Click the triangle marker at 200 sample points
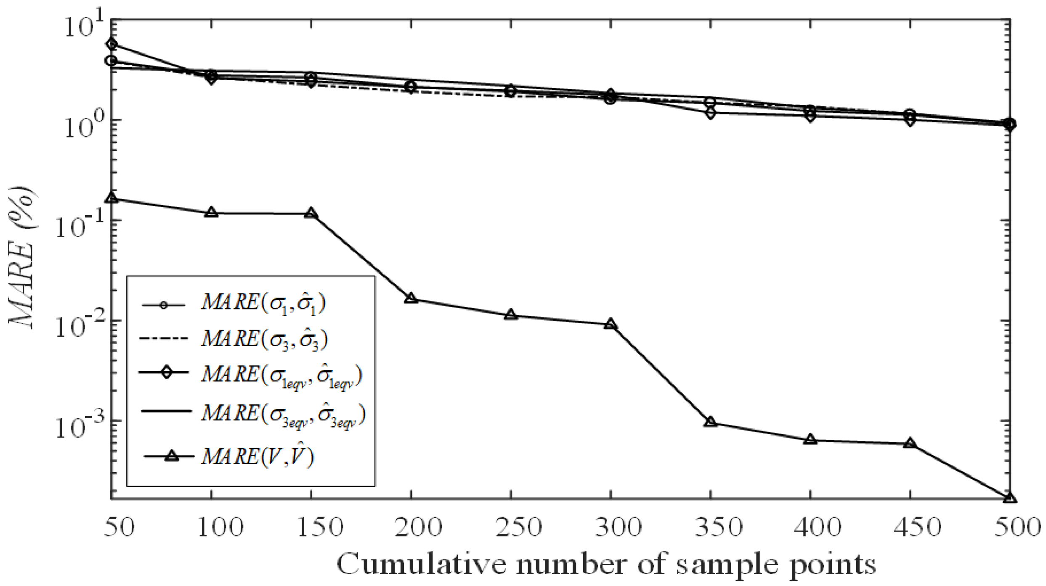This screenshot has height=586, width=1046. point(411,298)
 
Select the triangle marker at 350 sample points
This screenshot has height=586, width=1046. point(711,422)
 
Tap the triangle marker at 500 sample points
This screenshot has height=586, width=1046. point(1010,498)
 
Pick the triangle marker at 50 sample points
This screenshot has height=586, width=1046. point(112,198)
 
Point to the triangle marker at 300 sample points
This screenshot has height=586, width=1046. point(611,324)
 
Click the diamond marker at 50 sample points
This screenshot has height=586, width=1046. point(112,44)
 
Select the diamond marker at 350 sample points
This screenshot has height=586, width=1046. point(711,113)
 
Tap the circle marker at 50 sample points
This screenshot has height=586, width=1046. point(112,61)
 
